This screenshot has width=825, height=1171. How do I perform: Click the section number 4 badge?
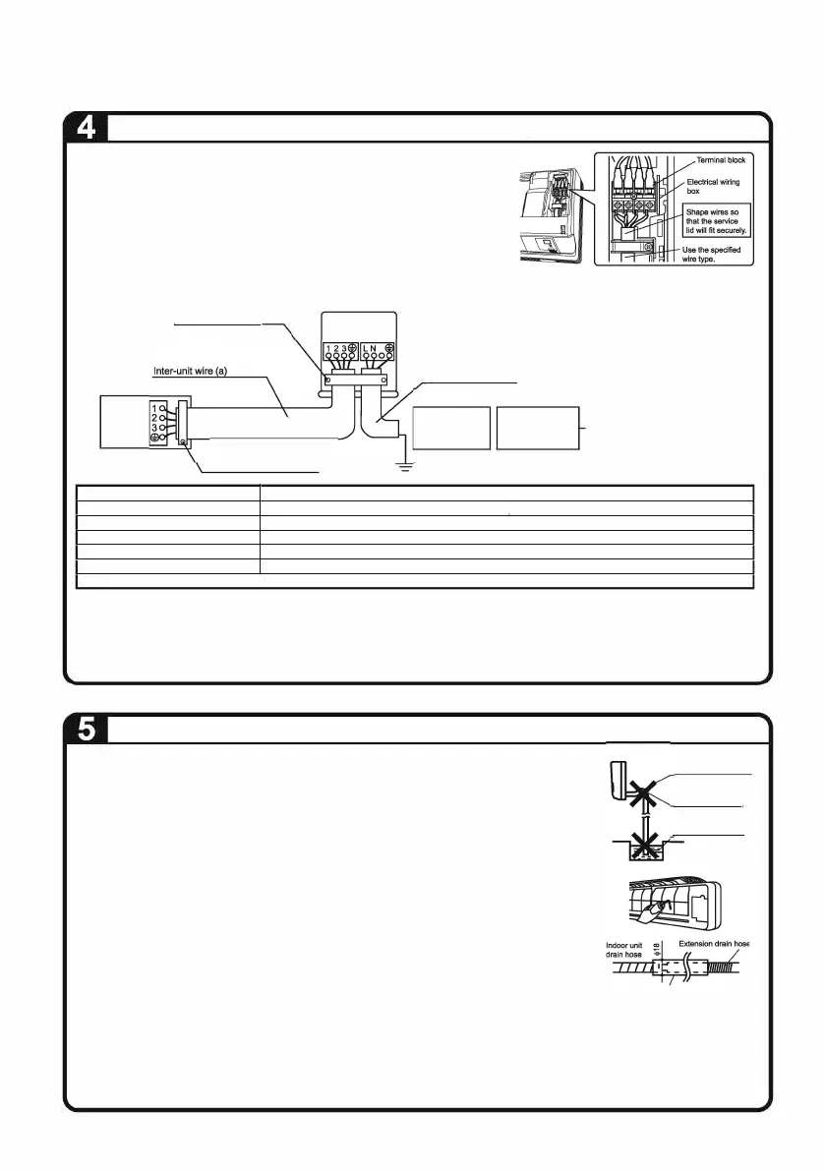[x=86, y=129]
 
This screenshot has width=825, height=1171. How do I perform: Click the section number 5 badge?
[x=86, y=731]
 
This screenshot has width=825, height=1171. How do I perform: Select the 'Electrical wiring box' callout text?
[x=712, y=187]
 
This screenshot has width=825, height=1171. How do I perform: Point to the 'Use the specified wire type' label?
[x=711, y=255]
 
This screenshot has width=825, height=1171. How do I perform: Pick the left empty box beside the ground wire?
[x=451, y=428]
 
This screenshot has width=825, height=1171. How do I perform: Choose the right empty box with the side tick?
[x=538, y=428]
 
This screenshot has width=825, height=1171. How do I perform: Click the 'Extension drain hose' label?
[x=713, y=945]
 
